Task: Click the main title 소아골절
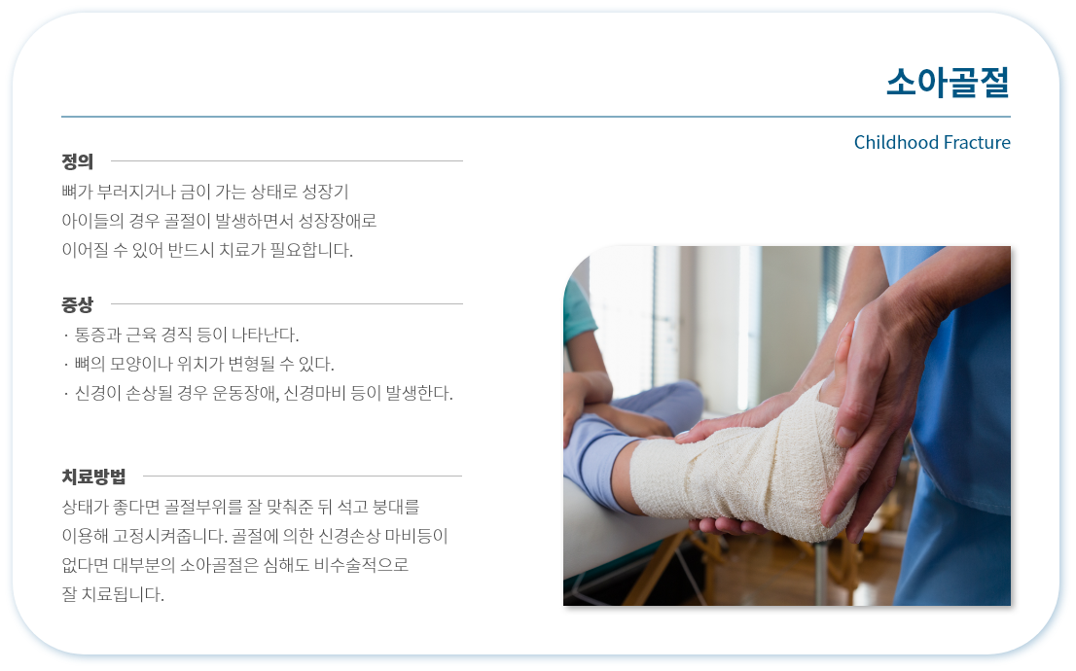[x=948, y=83]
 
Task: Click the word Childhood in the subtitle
[x=895, y=142]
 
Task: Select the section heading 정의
[x=77, y=161]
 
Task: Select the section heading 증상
[x=77, y=304]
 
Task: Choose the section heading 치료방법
[x=93, y=477]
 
